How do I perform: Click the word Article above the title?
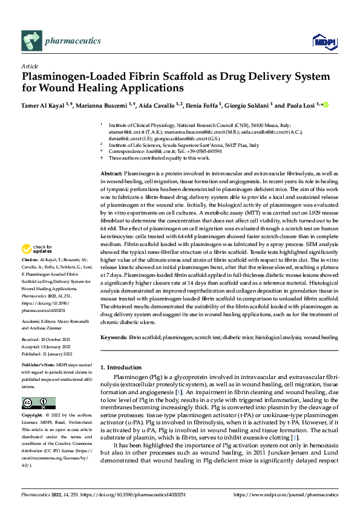(x=30, y=66)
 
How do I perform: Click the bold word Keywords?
(x=113, y=336)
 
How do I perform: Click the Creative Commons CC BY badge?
(x=38, y=403)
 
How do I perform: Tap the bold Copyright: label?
(x=33, y=416)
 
